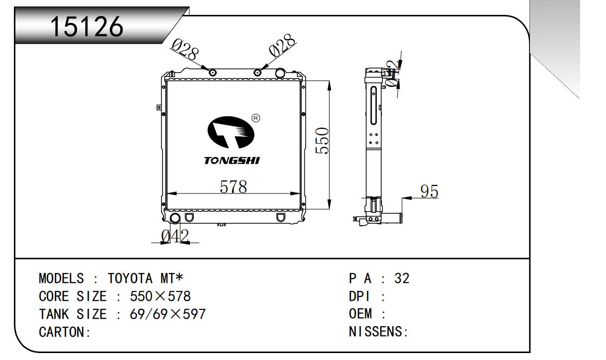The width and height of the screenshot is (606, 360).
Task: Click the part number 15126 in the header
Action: tap(87, 27)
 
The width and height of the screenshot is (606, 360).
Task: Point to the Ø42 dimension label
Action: tap(175, 237)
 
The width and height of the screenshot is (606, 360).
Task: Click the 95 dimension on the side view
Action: tap(429, 191)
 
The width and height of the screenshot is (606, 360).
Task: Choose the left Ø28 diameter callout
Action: tap(185, 49)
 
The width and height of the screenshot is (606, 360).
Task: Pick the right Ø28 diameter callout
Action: tap(282, 47)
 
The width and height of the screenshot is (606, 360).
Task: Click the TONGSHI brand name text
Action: tap(232, 161)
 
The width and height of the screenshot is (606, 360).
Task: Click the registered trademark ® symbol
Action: tap(256, 118)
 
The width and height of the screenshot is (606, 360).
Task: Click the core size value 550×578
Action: tap(160, 297)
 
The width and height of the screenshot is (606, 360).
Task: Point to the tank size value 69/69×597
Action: tap(168, 314)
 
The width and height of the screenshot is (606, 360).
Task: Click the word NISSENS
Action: tap(376, 332)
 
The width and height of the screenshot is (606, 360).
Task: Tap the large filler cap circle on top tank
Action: tap(280, 73)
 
